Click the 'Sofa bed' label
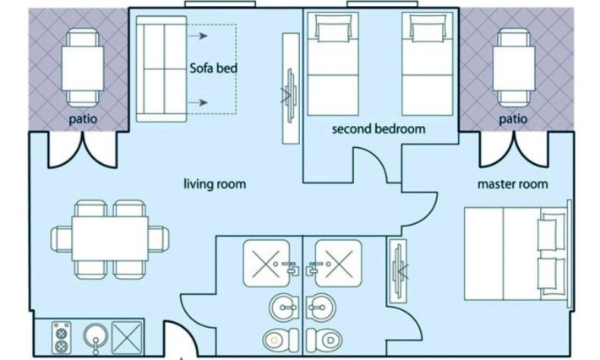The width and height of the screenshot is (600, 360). tap(214, 68)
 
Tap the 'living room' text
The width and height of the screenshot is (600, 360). tap(215, 184)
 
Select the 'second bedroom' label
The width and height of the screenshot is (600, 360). tap(379, 128)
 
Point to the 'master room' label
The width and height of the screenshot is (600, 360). tap(512, 184)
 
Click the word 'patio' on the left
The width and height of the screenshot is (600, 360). tap(83, 118)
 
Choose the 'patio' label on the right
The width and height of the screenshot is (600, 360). tap(513, 118)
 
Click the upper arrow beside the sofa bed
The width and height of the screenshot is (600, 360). tap(198, 36)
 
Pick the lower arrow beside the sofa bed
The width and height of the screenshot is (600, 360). tap(198, 102)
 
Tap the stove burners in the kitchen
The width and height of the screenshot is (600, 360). tap(61, 337)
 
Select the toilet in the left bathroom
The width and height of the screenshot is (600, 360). tap(281, 340)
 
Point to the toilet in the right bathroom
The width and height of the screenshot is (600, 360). tap(325, 340)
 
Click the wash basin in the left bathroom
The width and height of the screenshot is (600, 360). tap(284, 308)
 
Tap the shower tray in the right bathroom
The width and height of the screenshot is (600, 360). tap(339, 264)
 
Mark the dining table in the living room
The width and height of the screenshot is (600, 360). tap(110, 239)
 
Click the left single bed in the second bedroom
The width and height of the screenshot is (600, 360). tap(333, 64)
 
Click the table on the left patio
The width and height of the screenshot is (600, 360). tap(83, 68)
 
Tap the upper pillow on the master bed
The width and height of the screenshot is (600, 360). tap(551, 232)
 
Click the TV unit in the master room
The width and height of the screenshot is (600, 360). tap(397, 271)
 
